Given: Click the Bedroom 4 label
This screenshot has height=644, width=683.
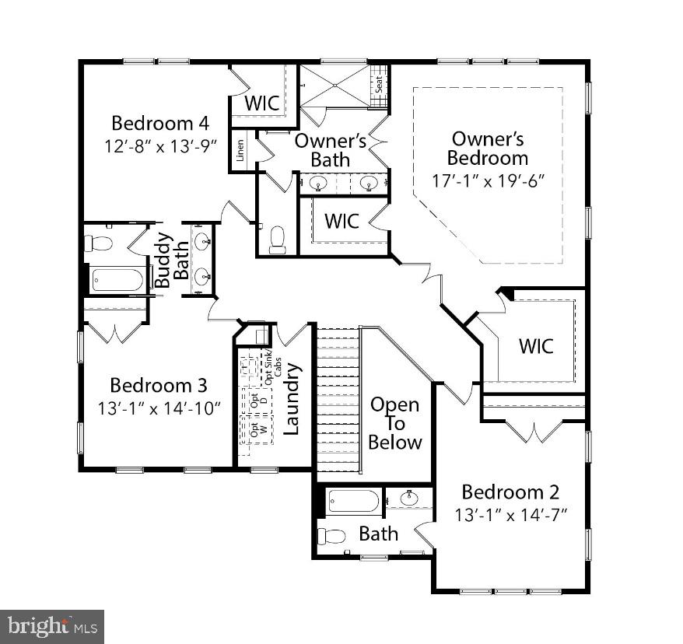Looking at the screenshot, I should click(x=160, y=123).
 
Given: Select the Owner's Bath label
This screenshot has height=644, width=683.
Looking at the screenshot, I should click(x=330, y=150).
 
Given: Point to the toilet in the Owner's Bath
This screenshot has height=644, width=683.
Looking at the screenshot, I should click(x=277, y=240).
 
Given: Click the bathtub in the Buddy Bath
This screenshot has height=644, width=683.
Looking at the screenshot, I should click(x=117, y=279).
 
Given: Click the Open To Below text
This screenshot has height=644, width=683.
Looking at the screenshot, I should click(x=394, y=423).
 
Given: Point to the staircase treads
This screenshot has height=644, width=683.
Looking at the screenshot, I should click(x=336, y=397).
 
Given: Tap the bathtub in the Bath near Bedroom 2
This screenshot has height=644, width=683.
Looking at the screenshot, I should click(x=353, y=501).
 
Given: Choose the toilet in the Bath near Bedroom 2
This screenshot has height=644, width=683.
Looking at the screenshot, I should click(x=333, y=536).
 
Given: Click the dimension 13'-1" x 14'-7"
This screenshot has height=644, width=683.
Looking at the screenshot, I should click(x=511, y=514).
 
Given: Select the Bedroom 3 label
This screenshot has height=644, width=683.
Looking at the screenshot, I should click(x=158, y=385).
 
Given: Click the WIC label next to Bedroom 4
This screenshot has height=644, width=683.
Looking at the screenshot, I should click(x=262, y=103).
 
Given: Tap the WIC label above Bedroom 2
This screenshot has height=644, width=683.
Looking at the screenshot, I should click(x=536, y=345).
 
